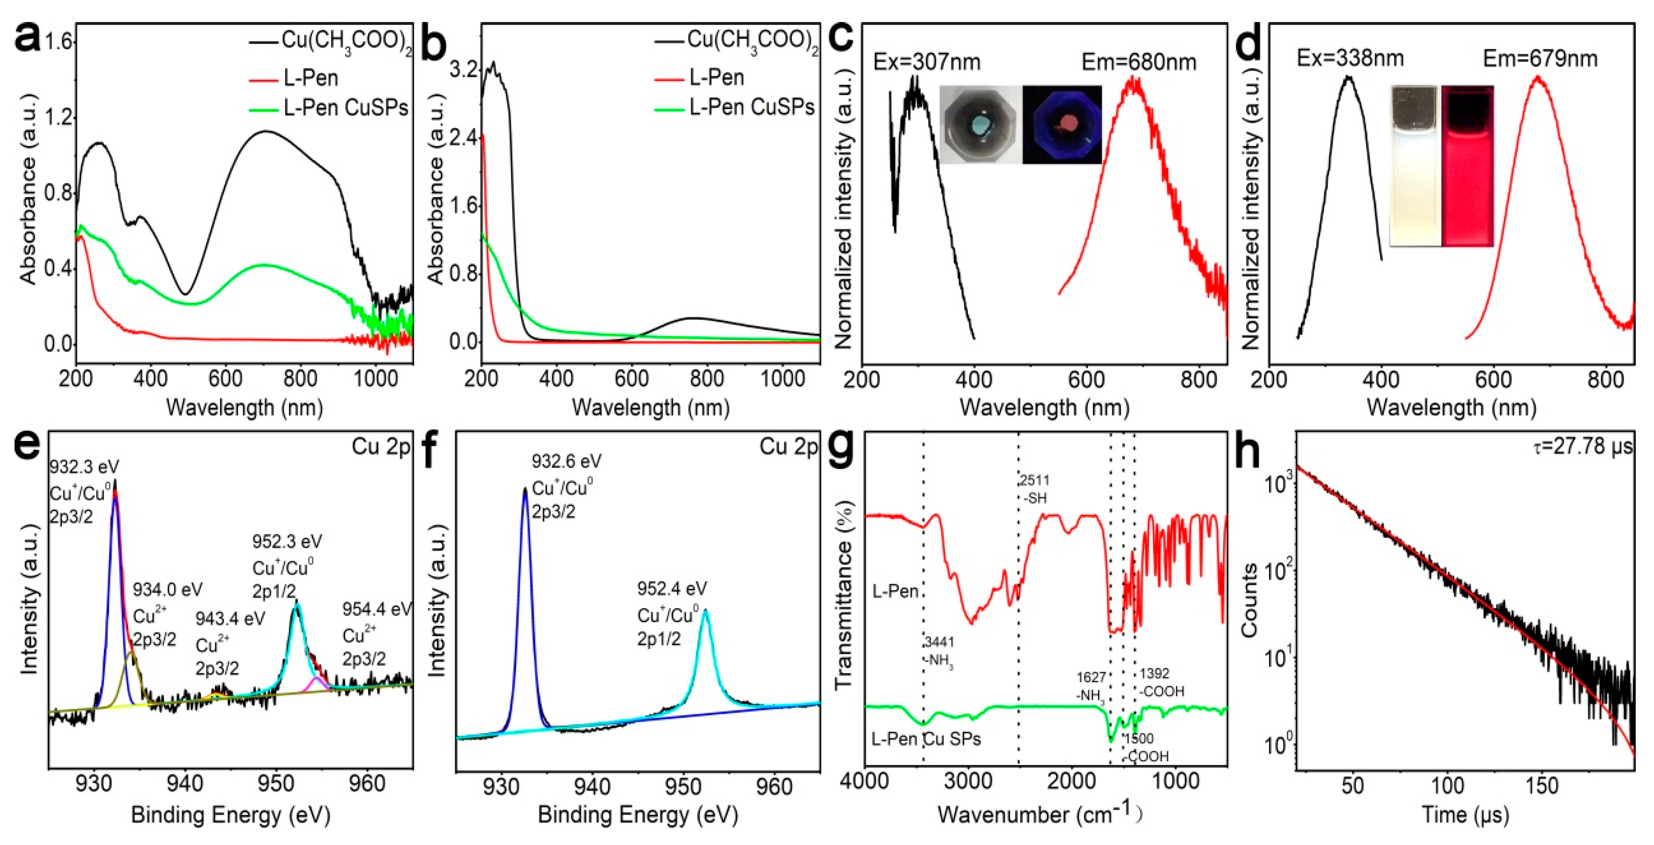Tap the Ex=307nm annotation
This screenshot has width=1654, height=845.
coord(927,62)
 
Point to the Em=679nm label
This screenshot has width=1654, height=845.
coord(1540,59)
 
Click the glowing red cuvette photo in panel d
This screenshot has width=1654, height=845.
coord(1467,166)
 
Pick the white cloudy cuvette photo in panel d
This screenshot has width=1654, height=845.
coord(1415,166)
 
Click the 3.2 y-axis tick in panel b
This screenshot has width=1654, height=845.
coord(464,69)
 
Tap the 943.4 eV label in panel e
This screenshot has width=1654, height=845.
coord(230,618)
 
